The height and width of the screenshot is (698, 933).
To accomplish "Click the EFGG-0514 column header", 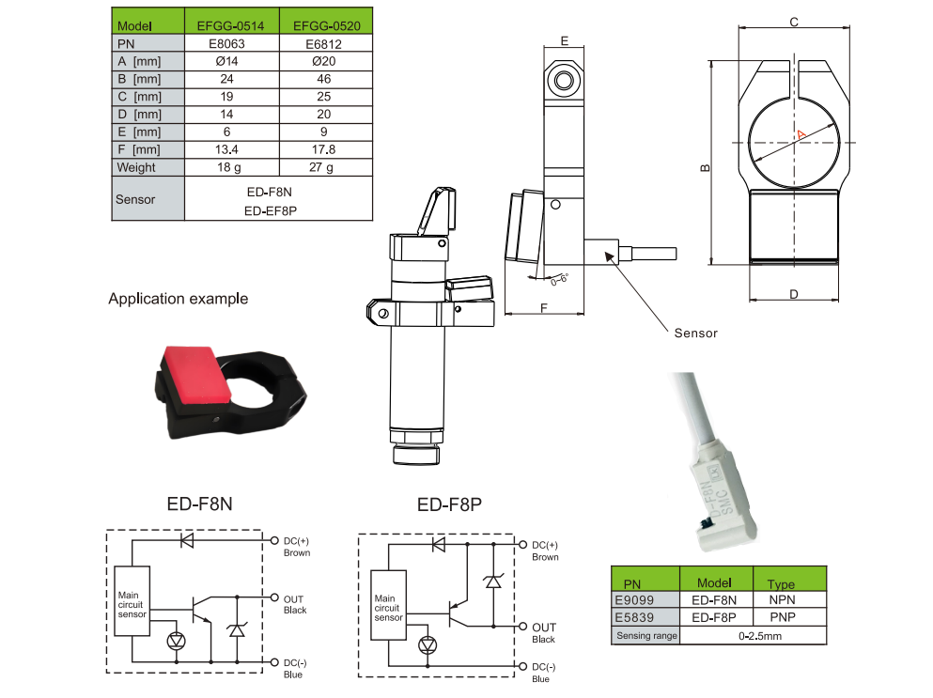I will point(230,25).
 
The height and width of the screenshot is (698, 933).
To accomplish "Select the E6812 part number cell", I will point(323,43).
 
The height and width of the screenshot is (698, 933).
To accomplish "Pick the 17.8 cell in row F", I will point(323,149).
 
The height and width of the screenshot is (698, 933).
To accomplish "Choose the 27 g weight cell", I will point(323,167).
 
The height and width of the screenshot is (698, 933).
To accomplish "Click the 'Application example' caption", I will point(178,299).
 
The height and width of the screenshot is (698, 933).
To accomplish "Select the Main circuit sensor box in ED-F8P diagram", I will point(388,607).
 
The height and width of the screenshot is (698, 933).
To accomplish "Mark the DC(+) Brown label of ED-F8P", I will point(545,551).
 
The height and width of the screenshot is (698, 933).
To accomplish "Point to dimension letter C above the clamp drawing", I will point(794,22).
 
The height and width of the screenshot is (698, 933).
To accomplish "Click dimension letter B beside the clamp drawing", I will point(705,169).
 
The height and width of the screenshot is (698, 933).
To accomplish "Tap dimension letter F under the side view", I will point(544,308).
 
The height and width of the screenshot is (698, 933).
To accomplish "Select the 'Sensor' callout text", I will point(695,333).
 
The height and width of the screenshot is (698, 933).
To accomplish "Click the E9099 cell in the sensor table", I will point(633,598).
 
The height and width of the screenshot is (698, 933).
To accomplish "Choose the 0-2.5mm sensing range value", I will point(754,636).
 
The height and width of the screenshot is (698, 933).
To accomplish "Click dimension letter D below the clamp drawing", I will point(794,294).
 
